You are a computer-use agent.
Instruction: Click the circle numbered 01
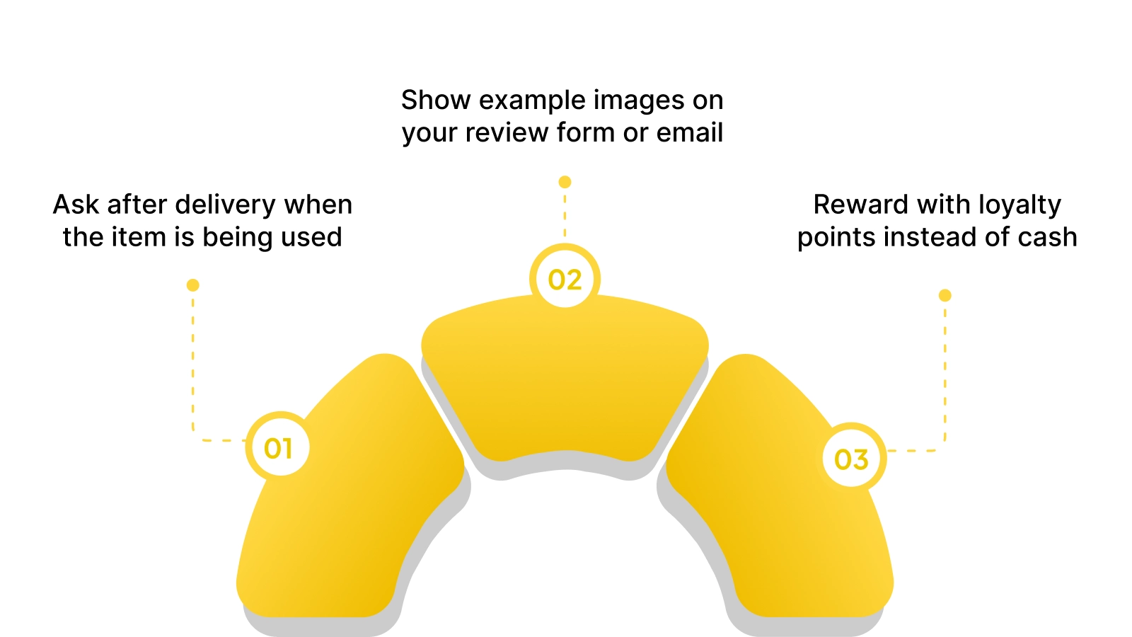pyautogui.click(x=277, y=447)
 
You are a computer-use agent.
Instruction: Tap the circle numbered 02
pyautogui.click(x=565, y=280)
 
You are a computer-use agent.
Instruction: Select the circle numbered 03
pyautogui.click(x=851, y=459)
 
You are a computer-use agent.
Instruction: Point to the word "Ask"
pyautogui.click(x=76, y=205)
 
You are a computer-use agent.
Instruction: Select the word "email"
pyautogui.click(x=689, y=132)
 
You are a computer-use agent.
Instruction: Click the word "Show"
pyautogui.click(x=436, y=101)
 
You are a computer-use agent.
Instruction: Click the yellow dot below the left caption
pyautogui.click(x=192, y=285)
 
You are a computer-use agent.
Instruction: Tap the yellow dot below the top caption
pyautogui.click(x=565, y=182)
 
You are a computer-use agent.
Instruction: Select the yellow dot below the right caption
pyautogui.click(x=945, y=295)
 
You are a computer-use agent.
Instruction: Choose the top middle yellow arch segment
pyautogui.click(x=565, y=382)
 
